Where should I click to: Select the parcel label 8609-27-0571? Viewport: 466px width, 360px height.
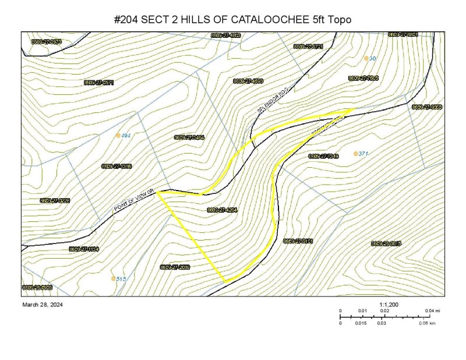[98, 83]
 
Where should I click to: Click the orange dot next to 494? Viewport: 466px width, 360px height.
[118, 135]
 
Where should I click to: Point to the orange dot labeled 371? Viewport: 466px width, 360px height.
[355, 154]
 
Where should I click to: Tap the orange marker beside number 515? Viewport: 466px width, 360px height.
[113, 278]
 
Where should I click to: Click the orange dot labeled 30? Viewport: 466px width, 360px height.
[366, 58]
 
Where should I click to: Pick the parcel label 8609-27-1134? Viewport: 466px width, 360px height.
[84, 249]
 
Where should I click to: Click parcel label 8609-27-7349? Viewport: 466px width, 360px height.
[323, 156]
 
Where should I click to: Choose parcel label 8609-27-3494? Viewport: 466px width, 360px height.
[189, 137]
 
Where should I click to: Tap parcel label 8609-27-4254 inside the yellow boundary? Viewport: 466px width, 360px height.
[222, 210]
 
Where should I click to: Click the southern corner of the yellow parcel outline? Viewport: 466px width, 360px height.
[225, 283]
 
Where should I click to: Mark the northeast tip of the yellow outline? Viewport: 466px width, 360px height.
[354, 108]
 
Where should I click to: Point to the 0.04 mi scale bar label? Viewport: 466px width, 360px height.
[432, 311]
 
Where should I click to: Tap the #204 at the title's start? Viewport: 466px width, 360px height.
[126, 20]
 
